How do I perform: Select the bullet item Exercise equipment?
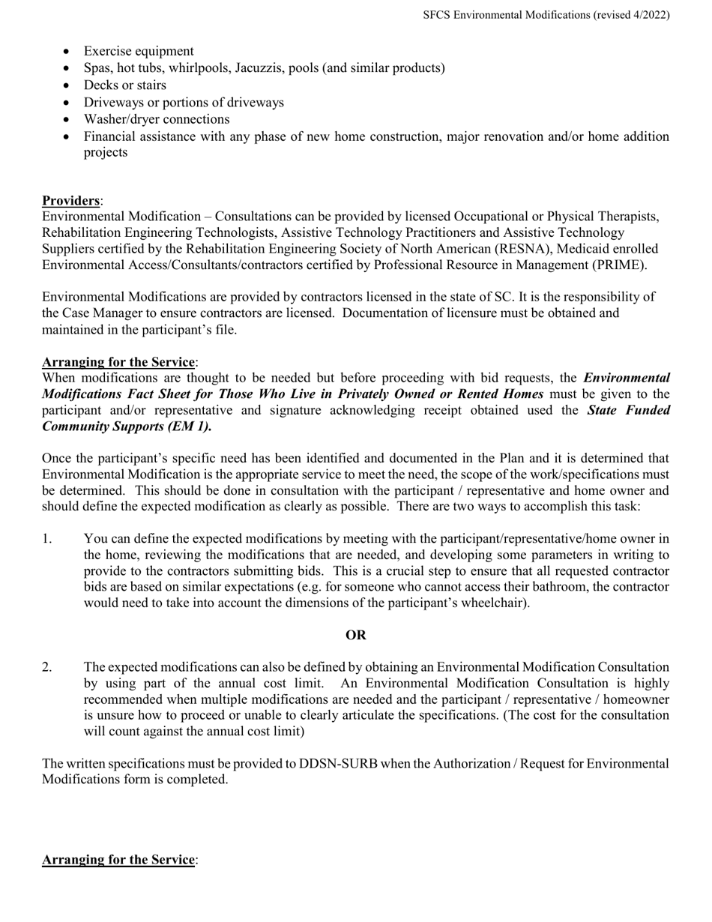(x=139, y=51)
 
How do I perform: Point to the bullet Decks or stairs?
(x=125, y=85)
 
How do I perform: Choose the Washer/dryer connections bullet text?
(x=157, y=119)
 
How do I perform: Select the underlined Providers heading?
(x=70, y=201)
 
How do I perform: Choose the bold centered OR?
(x=356, y=636)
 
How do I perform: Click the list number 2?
(x=47, y=667)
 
